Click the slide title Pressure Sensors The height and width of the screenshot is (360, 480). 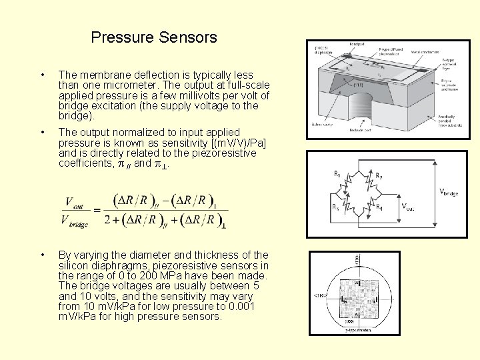[x=154, y=37]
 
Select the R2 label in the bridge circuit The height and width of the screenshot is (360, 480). [x=379, y=176]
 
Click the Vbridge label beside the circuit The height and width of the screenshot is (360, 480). [x=448, y=193]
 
